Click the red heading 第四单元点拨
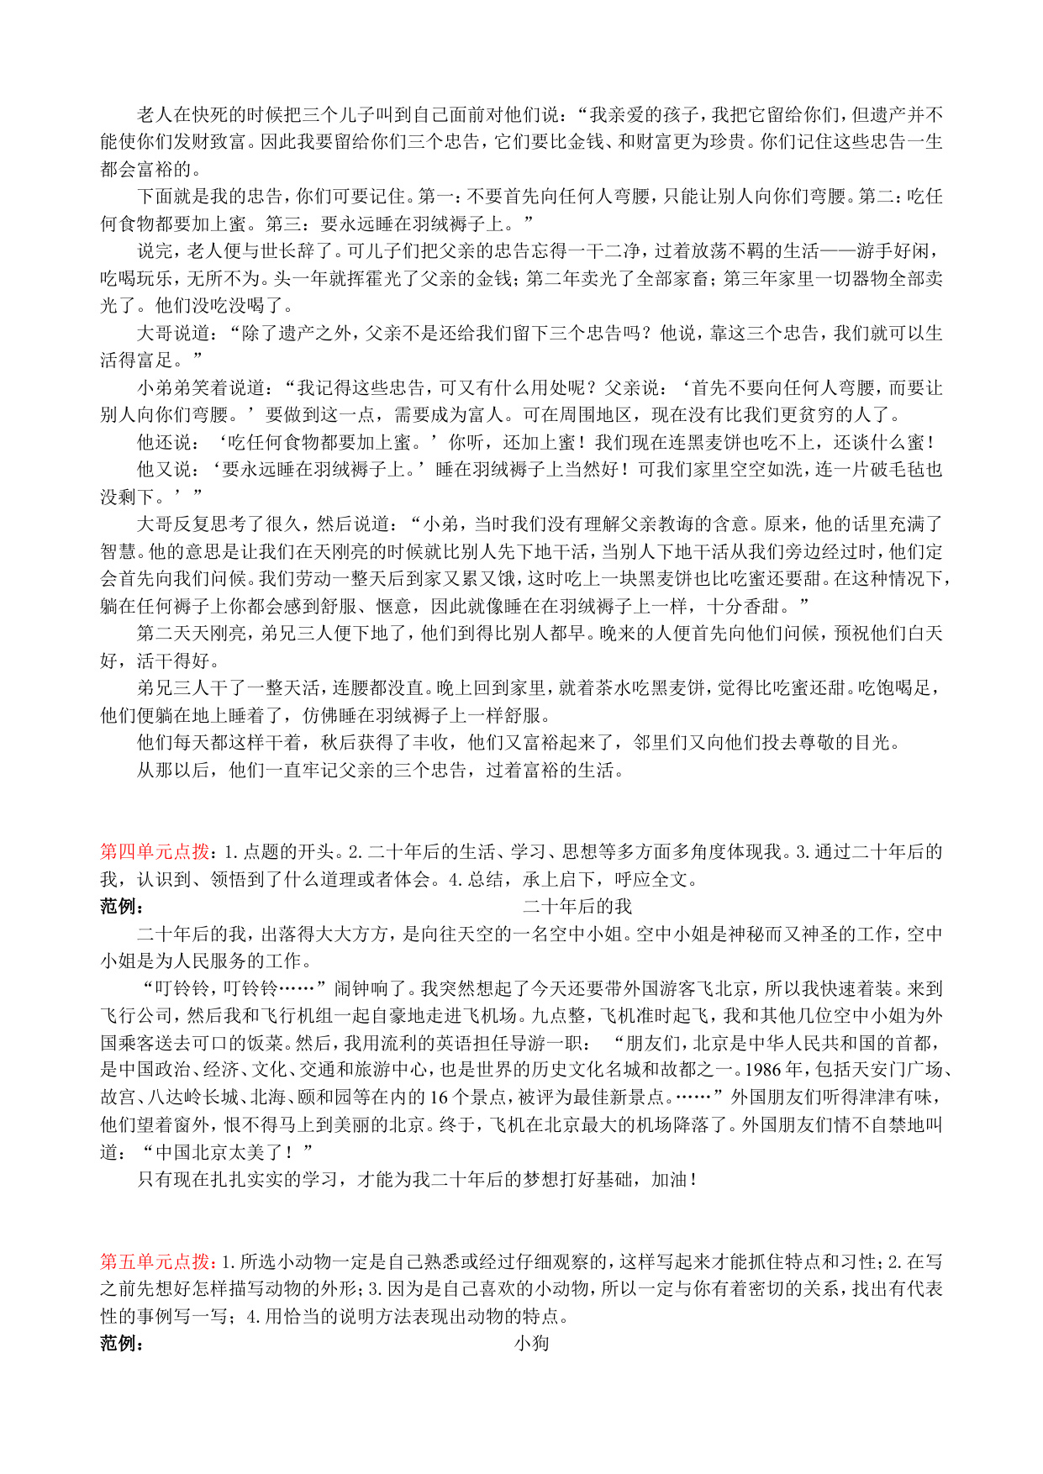coord(155,852)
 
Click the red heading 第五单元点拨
coord(155,1261)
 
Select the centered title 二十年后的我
coord(577,907)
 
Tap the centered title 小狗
coord(531,1343)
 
